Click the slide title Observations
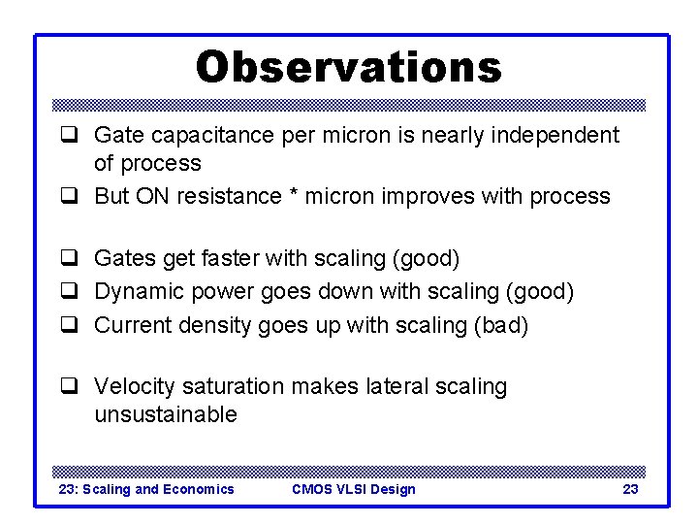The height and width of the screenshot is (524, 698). point(349,68)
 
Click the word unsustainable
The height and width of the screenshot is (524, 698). point(165,415)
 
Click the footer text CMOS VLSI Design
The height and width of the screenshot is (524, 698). point(353,489)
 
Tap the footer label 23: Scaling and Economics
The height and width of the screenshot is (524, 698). point(146,489)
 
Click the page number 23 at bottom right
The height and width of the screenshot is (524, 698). point(630,489)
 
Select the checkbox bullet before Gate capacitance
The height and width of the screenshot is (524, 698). point(69,135)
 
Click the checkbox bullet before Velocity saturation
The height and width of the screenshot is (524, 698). point(69,386)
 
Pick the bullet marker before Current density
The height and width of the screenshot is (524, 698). point(69,325)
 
